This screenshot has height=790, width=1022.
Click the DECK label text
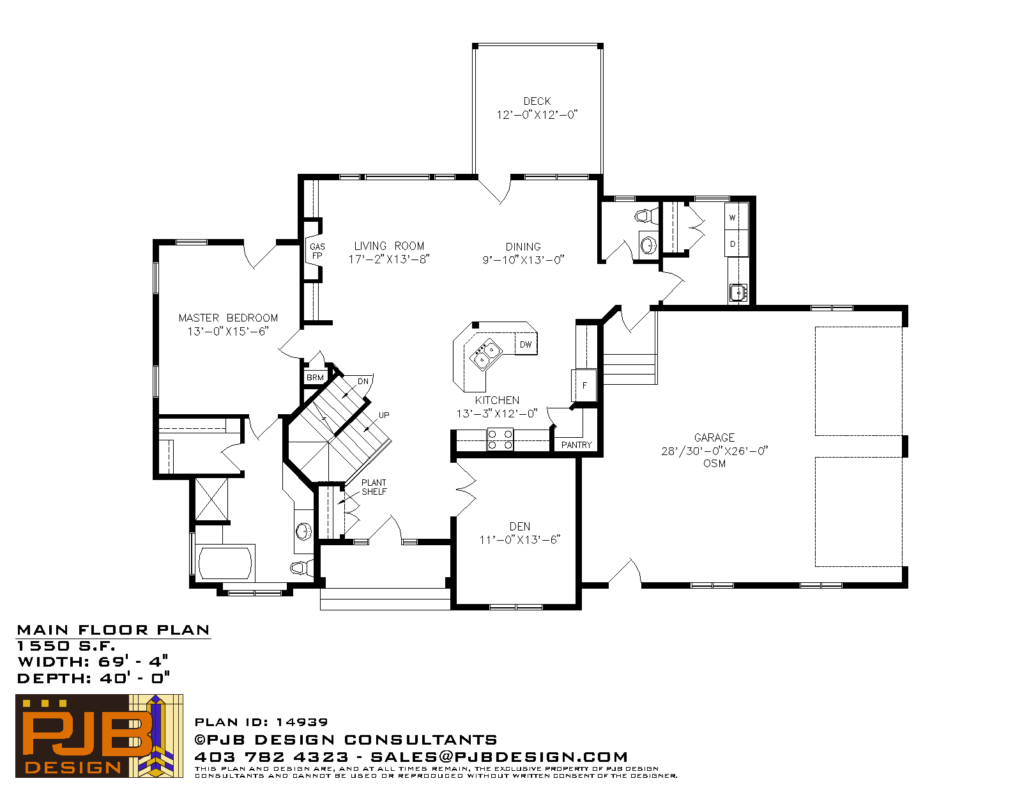coord(537,101)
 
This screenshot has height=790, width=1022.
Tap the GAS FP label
coord(317,251)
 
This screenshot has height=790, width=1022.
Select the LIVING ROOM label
coord(389,246)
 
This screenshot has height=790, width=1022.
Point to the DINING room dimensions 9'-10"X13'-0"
coord(523,259)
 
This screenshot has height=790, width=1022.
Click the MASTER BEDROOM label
coord(228,318)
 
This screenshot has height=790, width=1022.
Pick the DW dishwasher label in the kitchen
coord(525,345)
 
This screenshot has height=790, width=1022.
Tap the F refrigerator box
coord(584,385)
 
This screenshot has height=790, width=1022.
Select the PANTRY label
coord(576,445)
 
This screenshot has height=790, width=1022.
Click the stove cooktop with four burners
coord(500,440)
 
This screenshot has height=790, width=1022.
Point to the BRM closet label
coord(315,377)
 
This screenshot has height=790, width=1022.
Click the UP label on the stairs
coord(384,415)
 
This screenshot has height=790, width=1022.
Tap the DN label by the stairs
coord(363,381)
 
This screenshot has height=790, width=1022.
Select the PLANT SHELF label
coord(374,487)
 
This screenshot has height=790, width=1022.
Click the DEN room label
coord(520,527)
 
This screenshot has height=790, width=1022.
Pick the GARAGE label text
coord(714,438)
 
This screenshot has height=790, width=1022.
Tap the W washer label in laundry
coord(732,217)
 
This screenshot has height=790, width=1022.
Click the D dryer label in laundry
coord(732,244)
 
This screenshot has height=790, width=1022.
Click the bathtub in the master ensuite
coord(225,562)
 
